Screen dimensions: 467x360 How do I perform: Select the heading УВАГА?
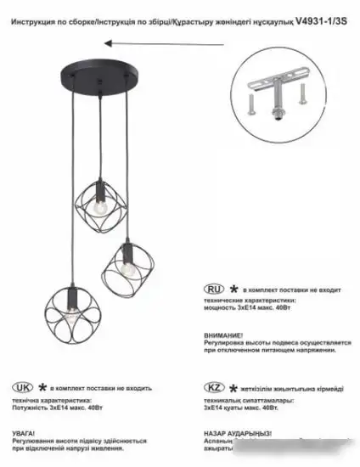(x=24, y=430)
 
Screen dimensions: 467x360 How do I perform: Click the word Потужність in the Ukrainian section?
(x=31, y=408)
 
